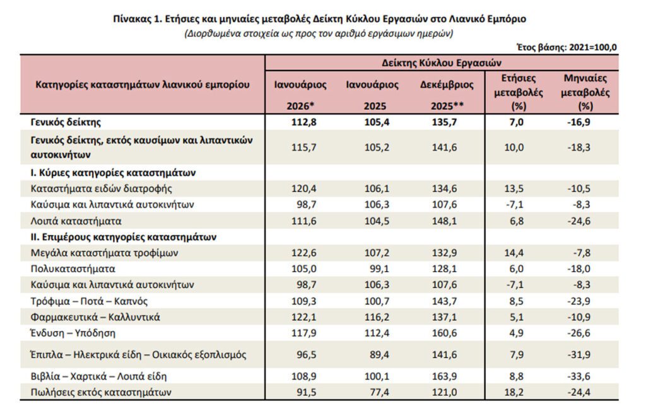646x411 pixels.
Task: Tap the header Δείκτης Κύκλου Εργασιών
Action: point(441,63)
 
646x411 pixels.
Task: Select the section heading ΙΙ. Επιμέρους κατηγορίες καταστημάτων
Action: point(123,238)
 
